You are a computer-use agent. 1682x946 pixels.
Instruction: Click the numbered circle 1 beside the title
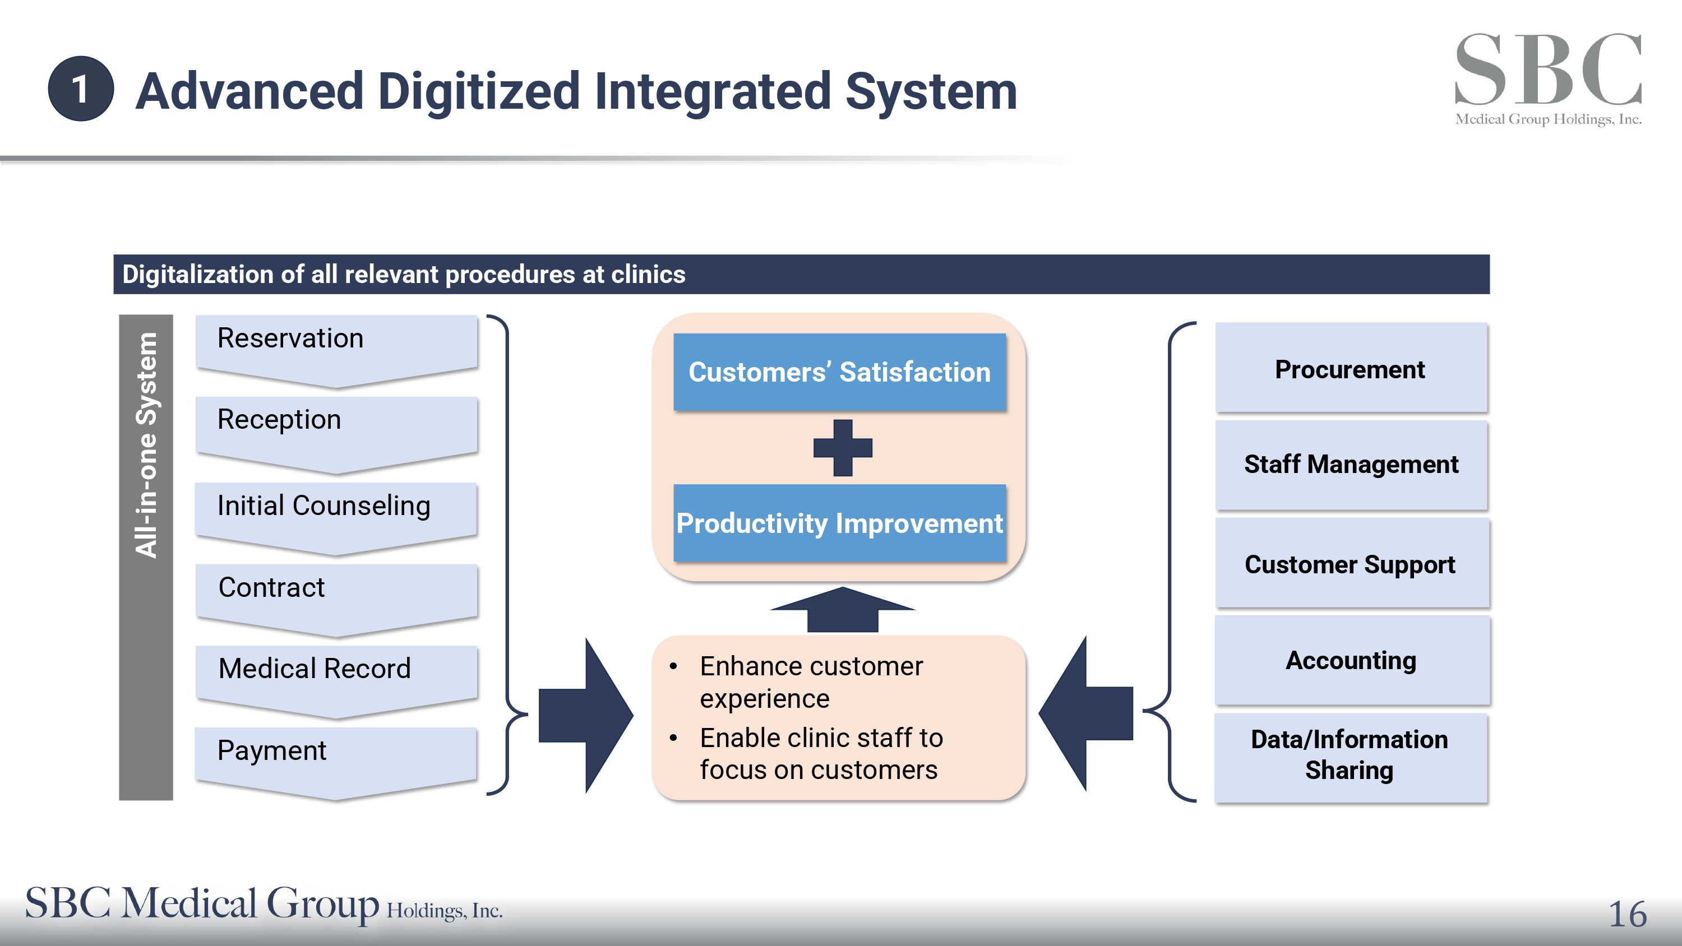(81, 89)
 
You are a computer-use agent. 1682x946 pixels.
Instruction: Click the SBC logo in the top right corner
(1548, 79)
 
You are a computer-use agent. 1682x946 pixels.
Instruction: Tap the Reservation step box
(336, 351)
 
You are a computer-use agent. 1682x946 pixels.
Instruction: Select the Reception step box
(336, 434)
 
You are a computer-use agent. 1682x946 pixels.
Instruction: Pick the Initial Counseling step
(336, 518)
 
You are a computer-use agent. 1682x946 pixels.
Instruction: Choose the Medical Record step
(336, 681)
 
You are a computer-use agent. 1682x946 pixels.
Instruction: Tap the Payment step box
(336, 763)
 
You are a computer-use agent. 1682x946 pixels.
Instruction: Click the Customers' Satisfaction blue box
(840, 372)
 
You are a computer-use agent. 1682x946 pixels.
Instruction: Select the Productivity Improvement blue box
(840, 523)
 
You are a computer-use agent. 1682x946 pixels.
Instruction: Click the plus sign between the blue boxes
(842, 448)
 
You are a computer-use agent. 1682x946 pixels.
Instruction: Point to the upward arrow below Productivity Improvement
(842, 609)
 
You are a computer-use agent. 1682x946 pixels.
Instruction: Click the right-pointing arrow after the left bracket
(586, 715)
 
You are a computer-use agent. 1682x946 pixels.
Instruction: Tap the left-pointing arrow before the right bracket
(1086, 713)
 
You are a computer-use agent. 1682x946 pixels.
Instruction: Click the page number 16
(1628, 914)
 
